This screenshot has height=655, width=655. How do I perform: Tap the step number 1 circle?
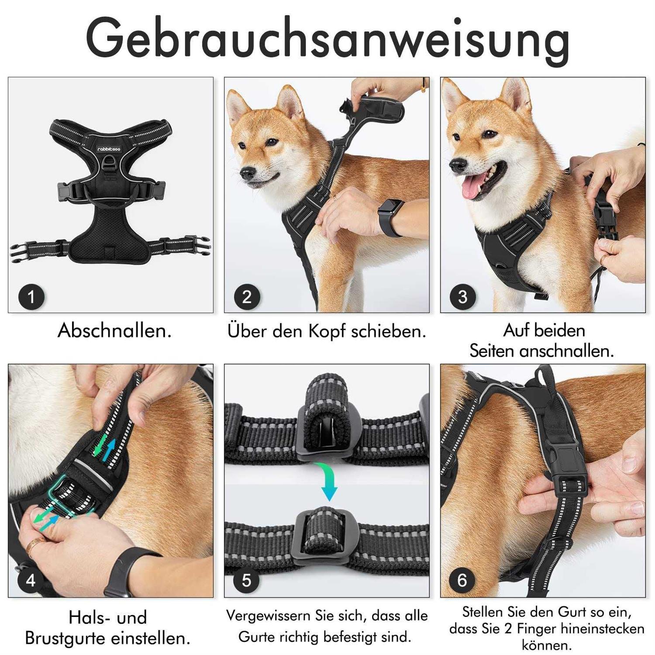[31, 297]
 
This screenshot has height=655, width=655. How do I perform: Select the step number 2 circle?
[247, 297]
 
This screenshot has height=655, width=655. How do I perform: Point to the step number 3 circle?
[463, 297]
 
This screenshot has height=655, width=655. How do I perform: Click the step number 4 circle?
[31, 580]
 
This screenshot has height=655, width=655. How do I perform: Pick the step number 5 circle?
[247, 580]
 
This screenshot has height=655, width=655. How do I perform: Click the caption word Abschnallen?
[114, 331]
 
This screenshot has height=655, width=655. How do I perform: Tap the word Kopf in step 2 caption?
[327, 332]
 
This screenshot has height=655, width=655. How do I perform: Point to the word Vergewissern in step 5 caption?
[268, 616]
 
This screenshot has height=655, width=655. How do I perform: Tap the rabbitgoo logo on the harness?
[110, 148]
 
